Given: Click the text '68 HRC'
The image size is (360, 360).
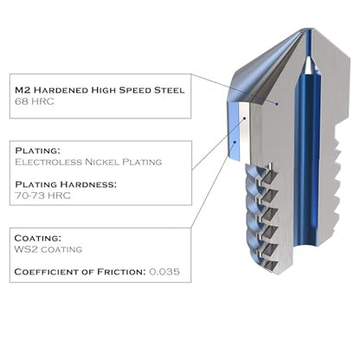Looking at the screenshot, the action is tap(35, 101).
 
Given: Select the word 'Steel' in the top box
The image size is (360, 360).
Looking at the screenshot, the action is tap(169, 90).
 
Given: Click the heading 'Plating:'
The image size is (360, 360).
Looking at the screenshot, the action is tap(36, 151).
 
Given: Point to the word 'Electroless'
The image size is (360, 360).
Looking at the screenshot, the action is tap(48, 162).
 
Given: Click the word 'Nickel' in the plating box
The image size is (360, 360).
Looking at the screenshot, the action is tap(102, 162).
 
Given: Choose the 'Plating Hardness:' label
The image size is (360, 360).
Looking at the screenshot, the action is tap(66, 184).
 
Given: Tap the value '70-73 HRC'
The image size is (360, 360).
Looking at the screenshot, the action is tap(42, 196).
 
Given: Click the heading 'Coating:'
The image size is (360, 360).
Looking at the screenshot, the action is tap(38, 238).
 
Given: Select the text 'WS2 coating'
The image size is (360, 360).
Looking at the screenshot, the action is tap(48, 249).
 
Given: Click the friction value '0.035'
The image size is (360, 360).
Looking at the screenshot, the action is tap(164, 272).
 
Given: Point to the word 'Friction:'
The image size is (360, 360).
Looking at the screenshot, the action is tap(121, 272).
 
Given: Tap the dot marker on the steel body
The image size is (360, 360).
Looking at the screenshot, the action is tap(277, 104).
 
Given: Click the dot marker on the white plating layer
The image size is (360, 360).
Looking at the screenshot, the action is tap(245, 118).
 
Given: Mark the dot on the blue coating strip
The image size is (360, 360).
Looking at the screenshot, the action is tap(235, 142).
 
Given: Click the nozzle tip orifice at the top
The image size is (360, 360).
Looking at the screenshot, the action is tap(307, 30).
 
